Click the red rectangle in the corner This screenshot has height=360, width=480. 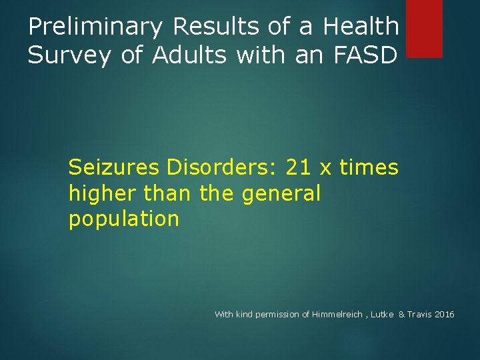(x=424, y=28)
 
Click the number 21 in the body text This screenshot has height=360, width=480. (x=298, y=167)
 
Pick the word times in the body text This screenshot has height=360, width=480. (x=369, y=167)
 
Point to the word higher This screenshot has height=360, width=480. (x=99, y=194)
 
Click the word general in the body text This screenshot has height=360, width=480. (x=281, y=194)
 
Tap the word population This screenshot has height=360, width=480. (x=124, y=219)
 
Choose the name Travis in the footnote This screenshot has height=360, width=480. (x=419, y=314)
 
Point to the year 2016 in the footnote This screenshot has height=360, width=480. (x=445, y=314)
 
